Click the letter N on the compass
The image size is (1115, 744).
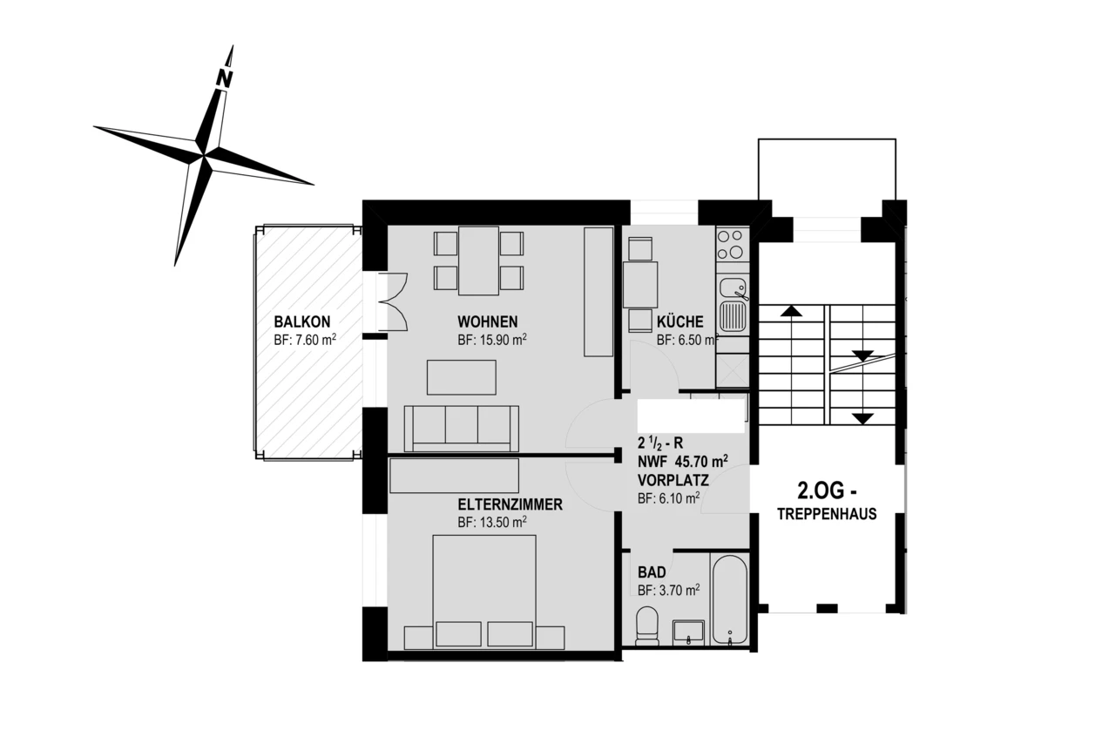pyautogui.click(x=225, y=78)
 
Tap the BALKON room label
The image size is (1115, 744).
pyautogui.click(x=301, y=321)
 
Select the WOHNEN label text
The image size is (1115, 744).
pyautogui.click(x=488, y=321)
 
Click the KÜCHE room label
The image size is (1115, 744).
pyautogui.click(x=680, y=321)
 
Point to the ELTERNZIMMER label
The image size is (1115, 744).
pyautogui.click(x=510, y=504)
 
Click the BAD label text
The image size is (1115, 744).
pyautogui.click(x=652, y=572)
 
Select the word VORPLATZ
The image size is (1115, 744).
pyautogui.click(x=672, y=480)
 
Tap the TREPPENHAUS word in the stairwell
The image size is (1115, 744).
pyautogui.click(x=827, y=514)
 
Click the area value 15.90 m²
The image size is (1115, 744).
pyautogui.click(x=492, y=341)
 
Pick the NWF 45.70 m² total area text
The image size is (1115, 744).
pyautogui.click(x=683, y=462)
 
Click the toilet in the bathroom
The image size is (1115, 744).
pyautogui.click(x=647, y=626)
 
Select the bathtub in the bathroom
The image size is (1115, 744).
pyautogui.click(x=729, y=600)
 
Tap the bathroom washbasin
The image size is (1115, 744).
pyautogui.click(x=689, y=632)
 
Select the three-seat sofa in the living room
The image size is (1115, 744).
pyautogui.click(x=462, y=427)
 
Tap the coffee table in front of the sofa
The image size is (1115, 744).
pyautogui.click(x=461, y=377)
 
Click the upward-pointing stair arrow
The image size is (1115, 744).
pyautogui.click(x=791, y=310)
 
